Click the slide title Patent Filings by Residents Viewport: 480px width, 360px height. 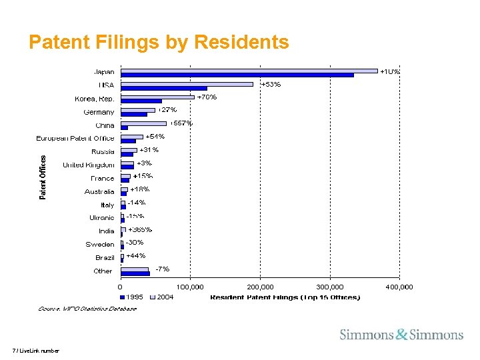coord(159,43)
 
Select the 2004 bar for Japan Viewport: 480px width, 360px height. coord(249,70)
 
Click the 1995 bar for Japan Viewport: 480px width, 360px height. coord(237,75)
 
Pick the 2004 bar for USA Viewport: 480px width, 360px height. coord(187,83)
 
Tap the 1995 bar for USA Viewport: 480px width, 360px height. coord(163,88)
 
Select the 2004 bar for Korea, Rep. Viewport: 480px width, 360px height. coord(157,97)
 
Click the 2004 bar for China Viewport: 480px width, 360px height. coord(143,123)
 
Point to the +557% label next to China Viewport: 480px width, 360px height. coord(181,123)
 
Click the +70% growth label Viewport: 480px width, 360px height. coord(207,97)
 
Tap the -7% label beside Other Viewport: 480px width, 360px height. coord(162,269)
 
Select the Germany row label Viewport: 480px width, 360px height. coord(99,112)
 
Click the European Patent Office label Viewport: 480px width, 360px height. coord(75,139)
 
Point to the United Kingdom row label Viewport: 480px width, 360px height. coord(88,165)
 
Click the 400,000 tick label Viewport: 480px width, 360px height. coord(399,287)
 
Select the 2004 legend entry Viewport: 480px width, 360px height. coord(161,297)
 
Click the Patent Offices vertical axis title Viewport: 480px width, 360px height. coord(43,177)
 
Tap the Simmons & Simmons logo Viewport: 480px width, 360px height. coord(401,334)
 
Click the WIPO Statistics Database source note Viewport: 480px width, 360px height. coord(87,309)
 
